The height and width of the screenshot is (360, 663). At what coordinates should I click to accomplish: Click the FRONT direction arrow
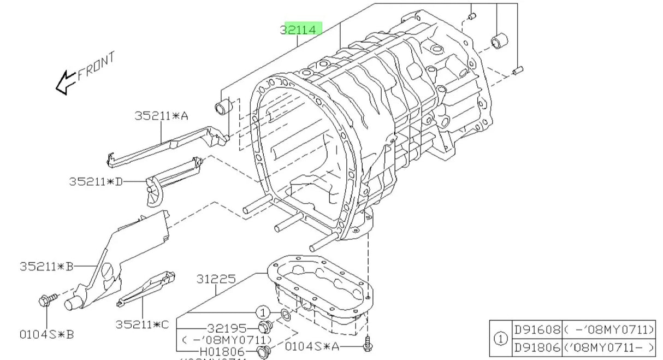click(66, 82)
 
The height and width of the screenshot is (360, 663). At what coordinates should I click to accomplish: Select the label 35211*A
click(161, 116)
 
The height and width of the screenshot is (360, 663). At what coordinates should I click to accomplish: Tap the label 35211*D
click(96, 181)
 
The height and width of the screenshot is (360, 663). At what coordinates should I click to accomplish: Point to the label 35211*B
click(46, 267)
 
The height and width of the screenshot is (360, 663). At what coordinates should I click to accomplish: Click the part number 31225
click(216, 279)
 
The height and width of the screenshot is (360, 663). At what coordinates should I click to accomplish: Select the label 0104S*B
click(46, 334)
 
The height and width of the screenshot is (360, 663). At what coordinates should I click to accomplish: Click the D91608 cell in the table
click(537, 329)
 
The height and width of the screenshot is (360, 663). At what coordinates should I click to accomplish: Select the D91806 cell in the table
click(537, 346)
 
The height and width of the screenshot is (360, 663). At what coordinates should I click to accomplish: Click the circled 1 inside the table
click(501, 338)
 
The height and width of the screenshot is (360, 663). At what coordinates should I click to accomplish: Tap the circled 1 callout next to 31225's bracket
click(263, 312)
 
